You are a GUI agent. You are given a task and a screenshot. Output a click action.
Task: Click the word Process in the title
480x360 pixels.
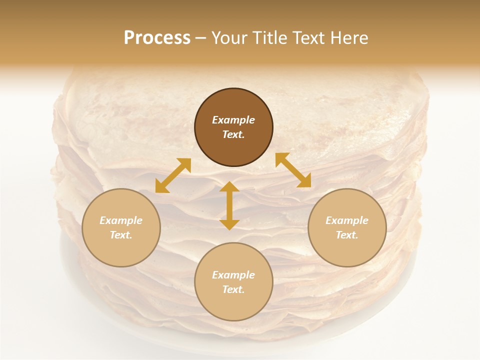click(x=157, y=38)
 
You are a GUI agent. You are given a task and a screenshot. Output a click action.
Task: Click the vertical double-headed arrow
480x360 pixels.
click(x=229, y=205)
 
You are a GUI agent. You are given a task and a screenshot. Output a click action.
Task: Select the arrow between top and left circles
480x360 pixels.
click(x=173, y=175)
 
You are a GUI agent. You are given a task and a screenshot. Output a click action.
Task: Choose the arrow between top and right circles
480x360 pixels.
click(x=293, y=170)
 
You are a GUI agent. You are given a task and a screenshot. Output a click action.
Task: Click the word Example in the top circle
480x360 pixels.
click(x=233, y=120)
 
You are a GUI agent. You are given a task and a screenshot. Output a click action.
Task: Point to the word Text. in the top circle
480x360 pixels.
click(x=233, y=134)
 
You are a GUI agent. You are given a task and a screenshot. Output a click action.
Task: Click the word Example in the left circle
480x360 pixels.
click(x=121, y=220)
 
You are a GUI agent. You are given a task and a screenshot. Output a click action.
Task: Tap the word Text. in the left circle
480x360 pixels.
click(x=121, y=235)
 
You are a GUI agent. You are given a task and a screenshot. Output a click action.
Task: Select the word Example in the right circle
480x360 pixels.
click(x=347, y=220)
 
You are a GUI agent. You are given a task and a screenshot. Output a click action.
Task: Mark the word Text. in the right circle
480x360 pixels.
click(x=347, y=235)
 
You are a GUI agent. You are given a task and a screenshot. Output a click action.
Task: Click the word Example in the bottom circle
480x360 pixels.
click(x=233, y=275)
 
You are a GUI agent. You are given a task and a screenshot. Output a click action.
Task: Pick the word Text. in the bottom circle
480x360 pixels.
click(x=233, y=289)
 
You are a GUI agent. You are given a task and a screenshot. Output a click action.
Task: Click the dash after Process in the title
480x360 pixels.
click(x=201, y=39)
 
